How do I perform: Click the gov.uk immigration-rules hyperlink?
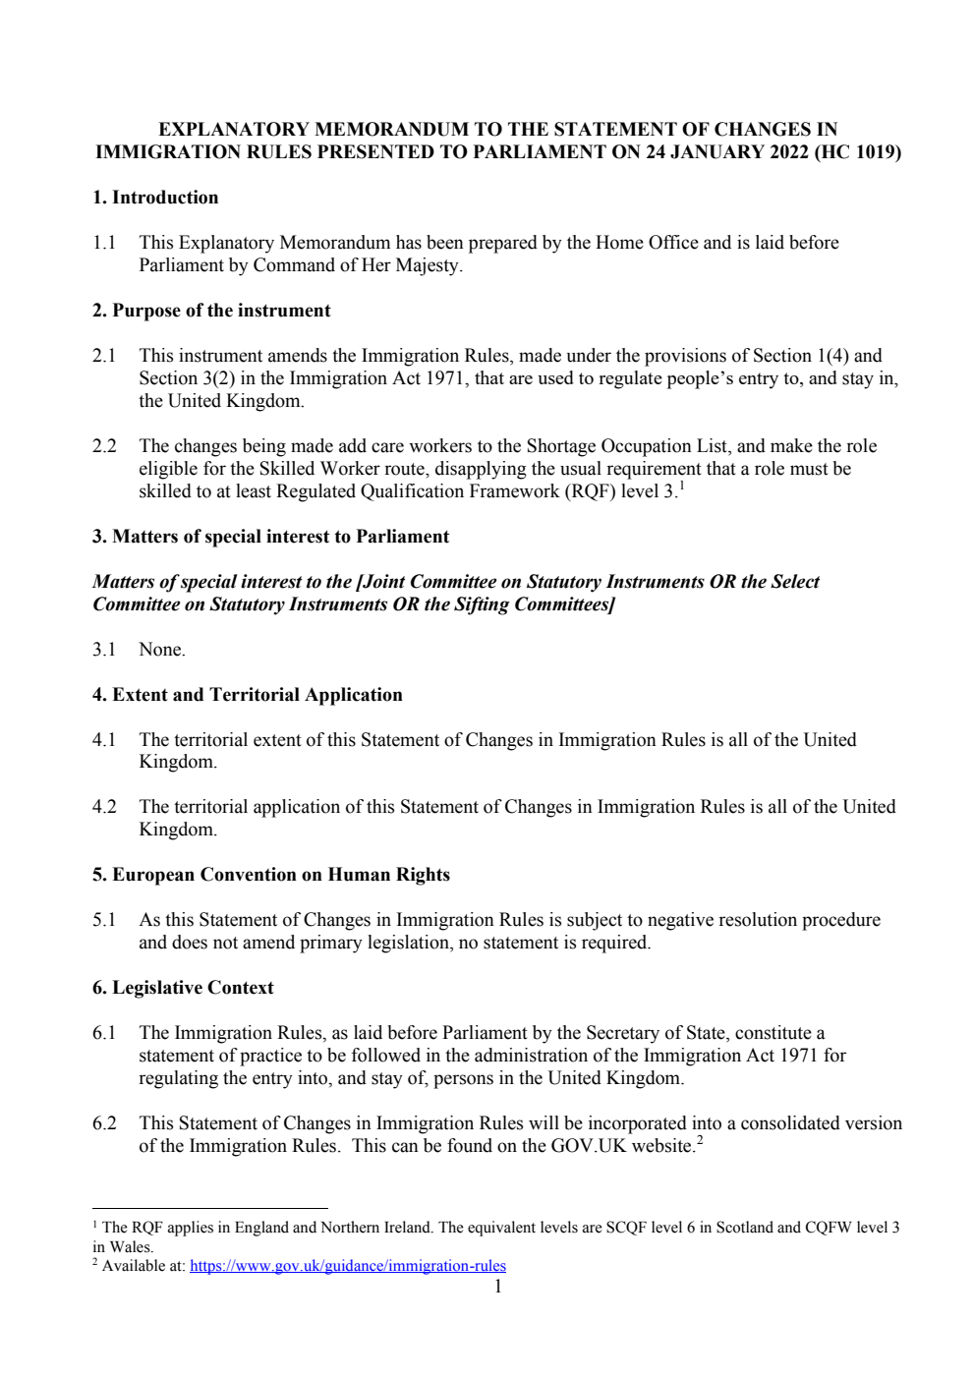pyautogui.click(x=347, y=1266)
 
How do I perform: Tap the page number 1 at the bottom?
pyautogui.click(x=497, y=1287)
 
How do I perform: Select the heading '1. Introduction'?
pyautogui.click(x=155, y=198)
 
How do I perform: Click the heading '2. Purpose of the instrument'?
pyautogui.click(x=211, y=311)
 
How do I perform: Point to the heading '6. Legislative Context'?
pyautogui.click(x=183, y=988)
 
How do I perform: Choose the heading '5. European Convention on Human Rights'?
pyautogui.click(x=271, y=875)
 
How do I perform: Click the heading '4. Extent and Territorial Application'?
pyautogui.click(x=248, y=695)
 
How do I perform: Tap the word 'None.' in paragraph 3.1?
pyautogui.click(x=162, y=650)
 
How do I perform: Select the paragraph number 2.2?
pyautogui.click(x=104, y=446)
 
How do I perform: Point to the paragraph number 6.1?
pyautogui.click(x=104, y=1033)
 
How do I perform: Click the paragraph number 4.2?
pyautogui.click(x=104, y=807)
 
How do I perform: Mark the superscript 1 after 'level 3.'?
pyautogui.click(x=681, y=486)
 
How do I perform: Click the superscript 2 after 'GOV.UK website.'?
pyautogui.click(x=700, y=1140)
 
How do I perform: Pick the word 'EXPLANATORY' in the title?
pyautogui.click(x=229, y=130)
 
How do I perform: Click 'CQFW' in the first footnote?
pyautogui.click(x=828, y=1228)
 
